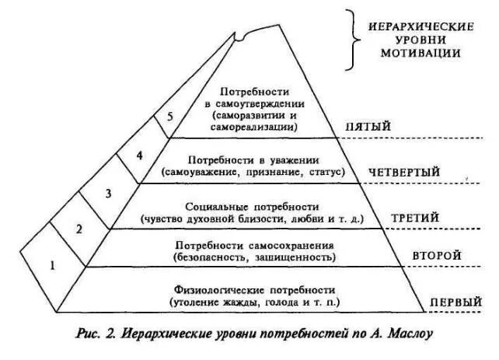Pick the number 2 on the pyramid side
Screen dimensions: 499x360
pos(78,229)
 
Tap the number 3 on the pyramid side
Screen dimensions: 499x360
pos(109,192)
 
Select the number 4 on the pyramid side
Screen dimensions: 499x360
pos(139,155)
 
